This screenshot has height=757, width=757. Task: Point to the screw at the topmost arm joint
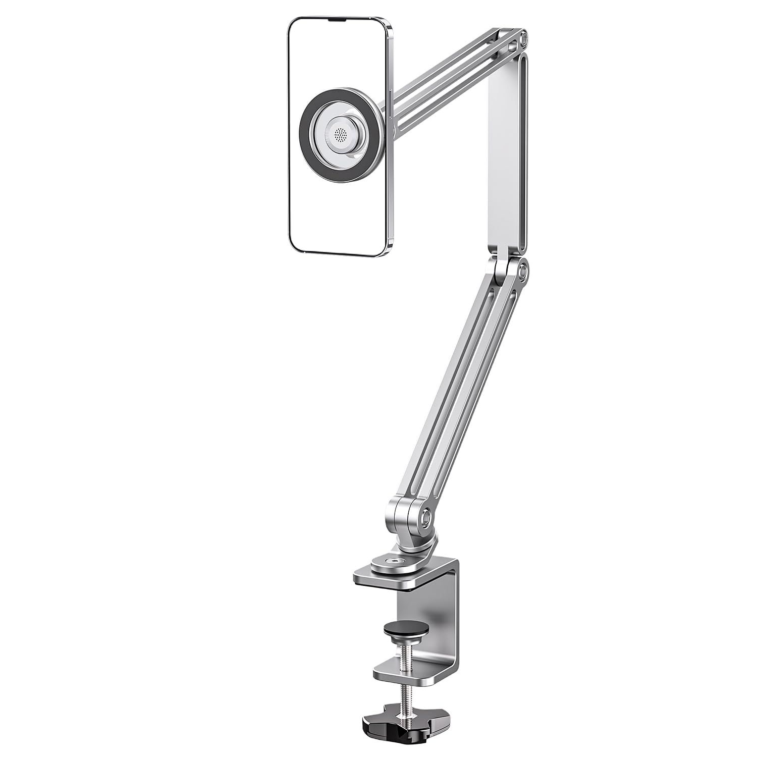pos(523,38)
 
